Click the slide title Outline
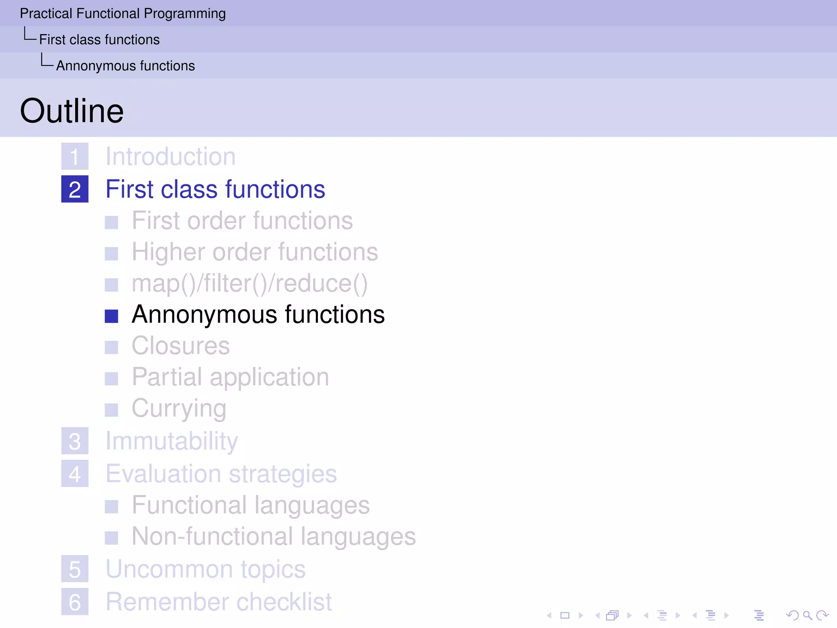click(x=72, y=111)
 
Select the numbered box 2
click(x=75, y=189)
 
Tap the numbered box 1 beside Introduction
click(x=75, y=157)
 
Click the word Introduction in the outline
click(x=170, y=157)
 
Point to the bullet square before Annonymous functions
click(x=111, y=316)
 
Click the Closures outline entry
click(x=181, y=346)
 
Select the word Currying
click(x=179, y=408)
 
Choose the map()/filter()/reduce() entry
click(x=249, y=284)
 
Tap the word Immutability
click(x=172, y=441)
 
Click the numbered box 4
click(x=75, y=474)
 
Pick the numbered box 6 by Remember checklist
click(x=75, y=602)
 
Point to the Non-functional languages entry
click(x=273, y=536)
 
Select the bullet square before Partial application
click(x=111, y=379)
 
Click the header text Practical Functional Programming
click(x=123, y=13)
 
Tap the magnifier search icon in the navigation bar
click(x=807, y=615)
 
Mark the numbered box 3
click(x=75, y=441)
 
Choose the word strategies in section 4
click(x=283, y=474)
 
